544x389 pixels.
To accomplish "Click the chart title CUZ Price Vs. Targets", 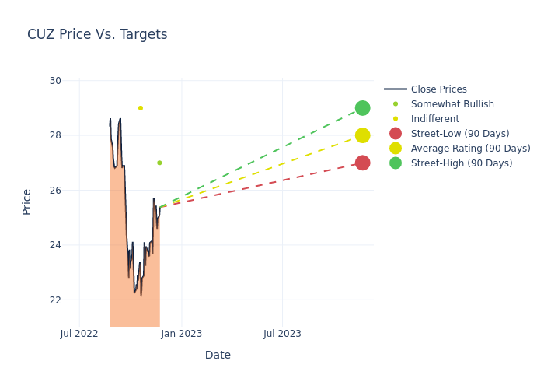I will (x=97, y=34).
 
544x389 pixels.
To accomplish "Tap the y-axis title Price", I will (x=27, y=202).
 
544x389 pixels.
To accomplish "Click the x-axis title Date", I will (x=218, y=355).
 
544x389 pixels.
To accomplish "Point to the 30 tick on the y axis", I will (x=54, y=81).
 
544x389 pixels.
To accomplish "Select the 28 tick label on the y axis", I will (x=54, y=135).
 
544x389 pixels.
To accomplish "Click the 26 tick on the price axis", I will (x=54, y=191).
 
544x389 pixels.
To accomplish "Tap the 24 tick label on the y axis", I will (x=54, y=245).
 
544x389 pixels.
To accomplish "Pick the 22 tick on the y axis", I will (x=54, y=300).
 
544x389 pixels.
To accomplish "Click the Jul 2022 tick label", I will (x=79, y=334).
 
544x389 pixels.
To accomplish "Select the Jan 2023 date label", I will (x=182, y=334).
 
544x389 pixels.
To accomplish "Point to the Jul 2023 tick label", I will (x=282, y=334).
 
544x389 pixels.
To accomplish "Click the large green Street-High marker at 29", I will (x=362, y=108).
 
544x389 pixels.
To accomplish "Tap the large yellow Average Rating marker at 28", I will (x=362, y=135).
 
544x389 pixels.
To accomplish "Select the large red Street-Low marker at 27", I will (x=362, y=163).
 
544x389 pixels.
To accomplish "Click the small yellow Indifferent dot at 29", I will (x=141, y=108).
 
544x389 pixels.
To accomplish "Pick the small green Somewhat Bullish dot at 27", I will (x=159, y=163).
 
